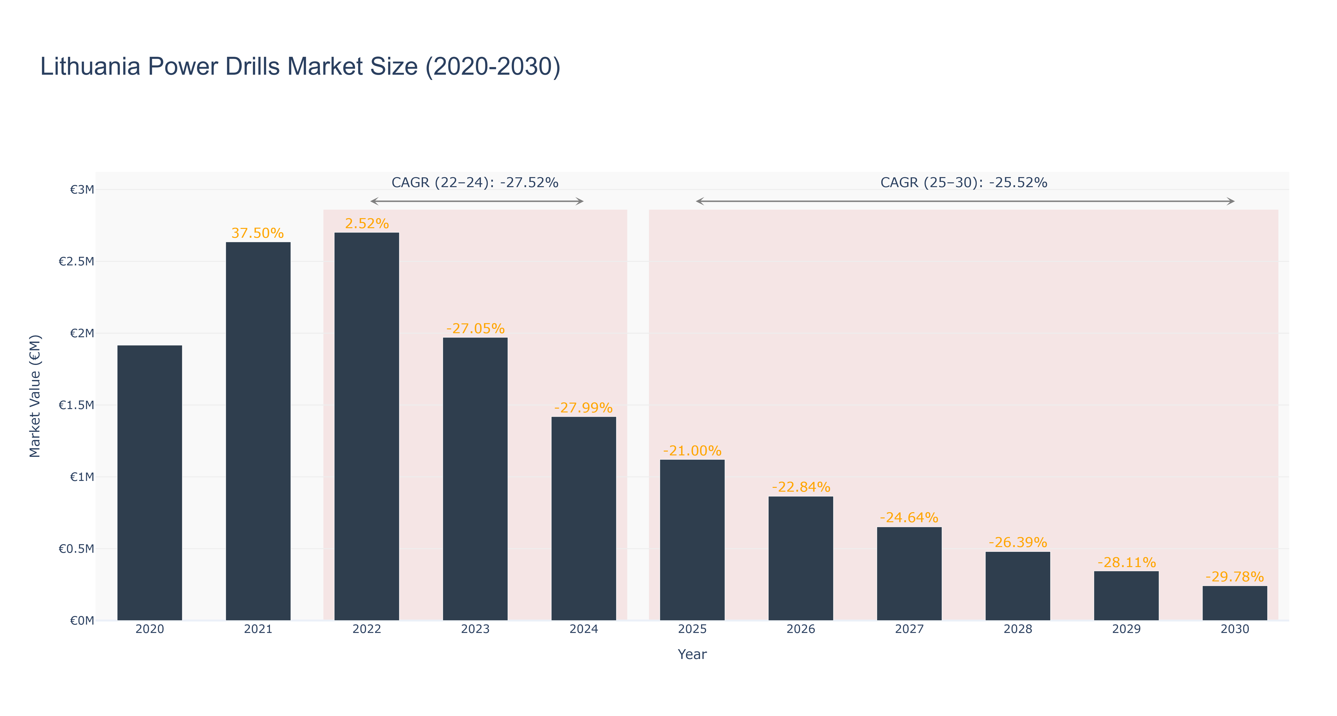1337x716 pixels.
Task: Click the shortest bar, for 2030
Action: click(1235, 603)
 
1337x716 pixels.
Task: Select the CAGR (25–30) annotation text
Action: click(964, 183)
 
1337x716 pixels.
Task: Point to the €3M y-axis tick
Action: click(82, 189)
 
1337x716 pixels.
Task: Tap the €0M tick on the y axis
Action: click(82, 621)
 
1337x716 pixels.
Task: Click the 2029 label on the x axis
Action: click(1126, 629)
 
